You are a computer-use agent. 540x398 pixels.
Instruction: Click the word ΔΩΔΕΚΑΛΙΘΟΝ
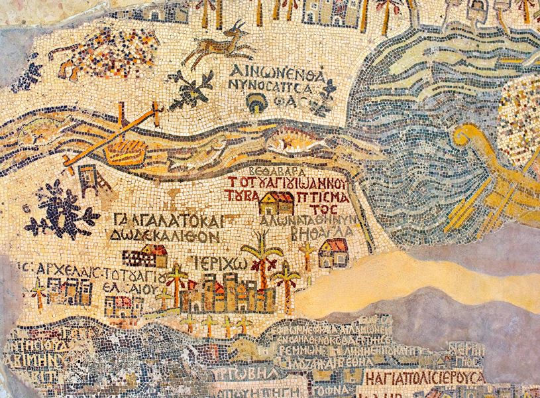tap(162, 235)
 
